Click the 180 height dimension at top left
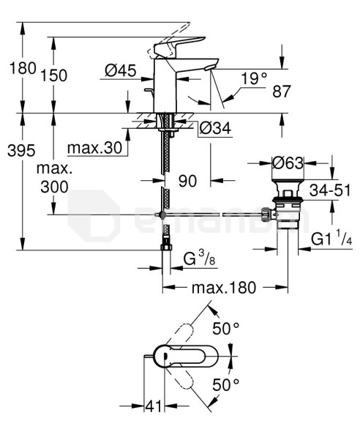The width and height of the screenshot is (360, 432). pyautogui.click(x=23, y=68)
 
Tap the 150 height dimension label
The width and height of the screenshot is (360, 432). pyautogui.click(x=54, y=75)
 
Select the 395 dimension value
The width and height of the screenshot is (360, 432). pyautogui.click(x=21, y=150)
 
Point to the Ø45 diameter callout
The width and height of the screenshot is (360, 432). pyautogui.click(x=121, y=70)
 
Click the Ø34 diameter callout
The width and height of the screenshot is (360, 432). pyautogui.click(x=215, y=128)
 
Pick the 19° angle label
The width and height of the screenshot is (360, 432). pyautogui.click(x=254, y=78)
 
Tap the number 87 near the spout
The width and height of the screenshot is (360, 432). pyautogui.click(x=281, y=92)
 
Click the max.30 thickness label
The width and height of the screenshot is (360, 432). pyautogui.click(x=94, y=148)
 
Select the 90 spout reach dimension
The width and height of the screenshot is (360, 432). pyautogui.click(x=188, y=181)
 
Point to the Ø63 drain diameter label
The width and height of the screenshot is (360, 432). pyautogui.click(x=288, y=163)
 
